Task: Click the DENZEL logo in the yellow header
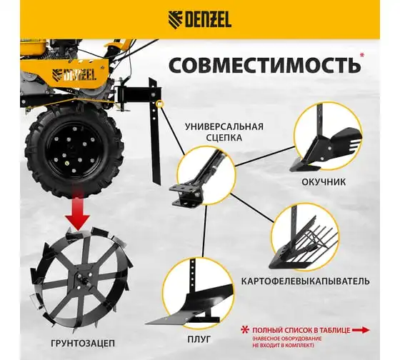point(200,20)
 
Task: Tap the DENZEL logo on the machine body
point(74,75)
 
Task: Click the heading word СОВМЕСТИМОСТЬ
point(264,65)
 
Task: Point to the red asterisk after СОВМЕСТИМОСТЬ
point(361,55)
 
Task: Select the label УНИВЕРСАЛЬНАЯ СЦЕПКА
point(224,132)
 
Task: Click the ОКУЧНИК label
point(324,182)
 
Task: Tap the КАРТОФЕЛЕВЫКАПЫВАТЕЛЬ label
point(306,281)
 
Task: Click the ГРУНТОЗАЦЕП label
point(83,343)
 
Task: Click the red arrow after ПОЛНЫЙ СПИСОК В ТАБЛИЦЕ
point(361,330)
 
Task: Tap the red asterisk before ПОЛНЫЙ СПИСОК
point(245,330)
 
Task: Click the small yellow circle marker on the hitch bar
point(160,104)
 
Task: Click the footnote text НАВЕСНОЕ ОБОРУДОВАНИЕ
point(287,339)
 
